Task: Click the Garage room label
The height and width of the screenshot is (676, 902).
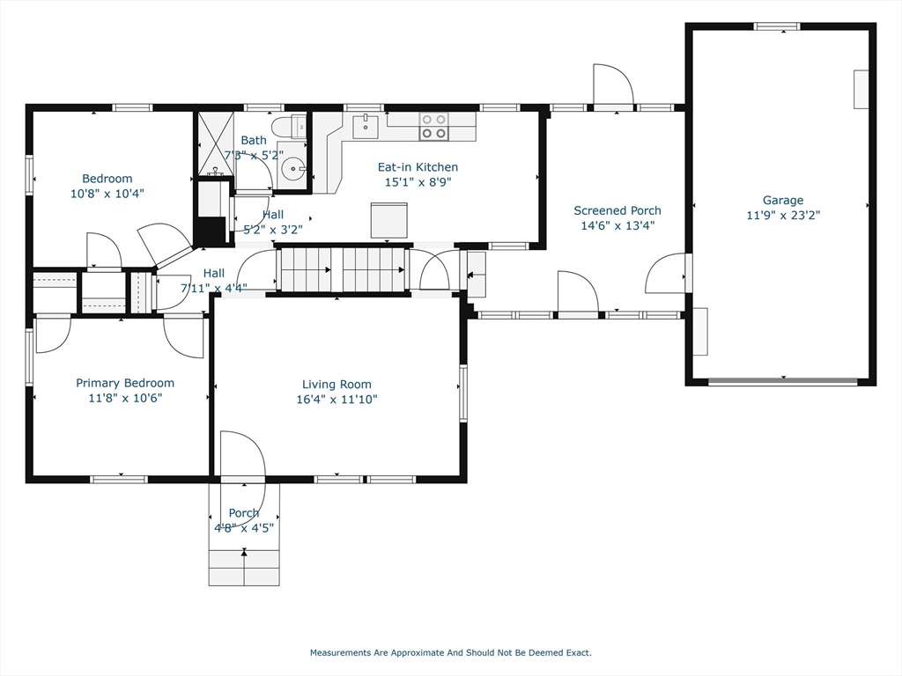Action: [782, 200]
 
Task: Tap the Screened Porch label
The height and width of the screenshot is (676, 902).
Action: [617, 210]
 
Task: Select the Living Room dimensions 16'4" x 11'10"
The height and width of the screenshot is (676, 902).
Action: [336, 399]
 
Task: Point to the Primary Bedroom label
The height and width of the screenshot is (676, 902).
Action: [125, 383]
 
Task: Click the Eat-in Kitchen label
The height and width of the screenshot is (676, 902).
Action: [418, 167]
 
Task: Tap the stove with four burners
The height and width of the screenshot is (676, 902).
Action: [433, 127]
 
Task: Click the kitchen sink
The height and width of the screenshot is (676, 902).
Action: [365, 126]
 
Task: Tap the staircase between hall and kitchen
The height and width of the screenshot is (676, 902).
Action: [342, 269]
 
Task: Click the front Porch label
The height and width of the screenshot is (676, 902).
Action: [244, 513]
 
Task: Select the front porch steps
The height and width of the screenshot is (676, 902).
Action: [244, 568]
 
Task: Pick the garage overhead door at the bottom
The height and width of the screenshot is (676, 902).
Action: [782, 382]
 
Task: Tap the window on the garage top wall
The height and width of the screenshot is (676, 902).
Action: [777, 26]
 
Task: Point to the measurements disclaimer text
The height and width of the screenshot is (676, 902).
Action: [450, 653]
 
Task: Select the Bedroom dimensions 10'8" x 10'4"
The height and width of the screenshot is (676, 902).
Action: [107, 194]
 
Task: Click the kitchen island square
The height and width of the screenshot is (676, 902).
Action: [389, 220]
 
